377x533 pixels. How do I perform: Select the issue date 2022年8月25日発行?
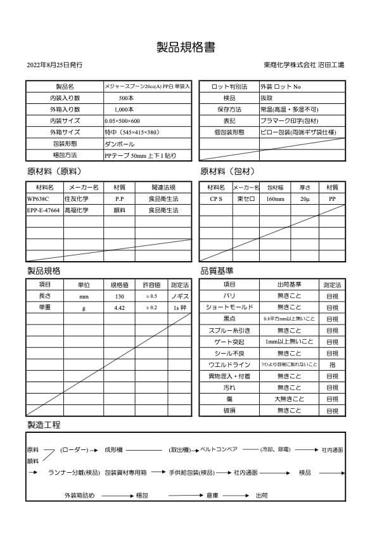[x=54, y=65]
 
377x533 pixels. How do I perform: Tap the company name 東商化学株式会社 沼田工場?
[x=304, y=65]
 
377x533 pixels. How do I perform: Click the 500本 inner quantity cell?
[x=126, y=98]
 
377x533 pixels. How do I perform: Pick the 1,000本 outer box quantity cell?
[x=127, y=110]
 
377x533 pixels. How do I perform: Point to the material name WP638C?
[x=38, y=198]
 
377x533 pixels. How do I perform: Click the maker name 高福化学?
[x=77, y=210]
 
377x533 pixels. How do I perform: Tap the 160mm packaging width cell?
[x=275, y=199]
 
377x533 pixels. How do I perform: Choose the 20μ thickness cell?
[x=305, y=199]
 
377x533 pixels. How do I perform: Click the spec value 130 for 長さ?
[x=119, y=296]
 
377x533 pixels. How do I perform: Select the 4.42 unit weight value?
[x=119, y=307]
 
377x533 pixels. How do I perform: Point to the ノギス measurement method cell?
[x=180, y=296]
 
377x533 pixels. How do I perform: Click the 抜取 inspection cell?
[x=267, y=98]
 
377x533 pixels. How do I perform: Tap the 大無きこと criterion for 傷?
[x=289, y=399]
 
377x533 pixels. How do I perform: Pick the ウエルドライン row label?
[x=230, y=365]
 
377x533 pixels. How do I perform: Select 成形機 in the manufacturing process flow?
[x=113, y=449]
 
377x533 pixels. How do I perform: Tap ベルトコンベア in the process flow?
[x=219, y=449]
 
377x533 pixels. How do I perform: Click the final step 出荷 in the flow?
[x=261, y=495]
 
